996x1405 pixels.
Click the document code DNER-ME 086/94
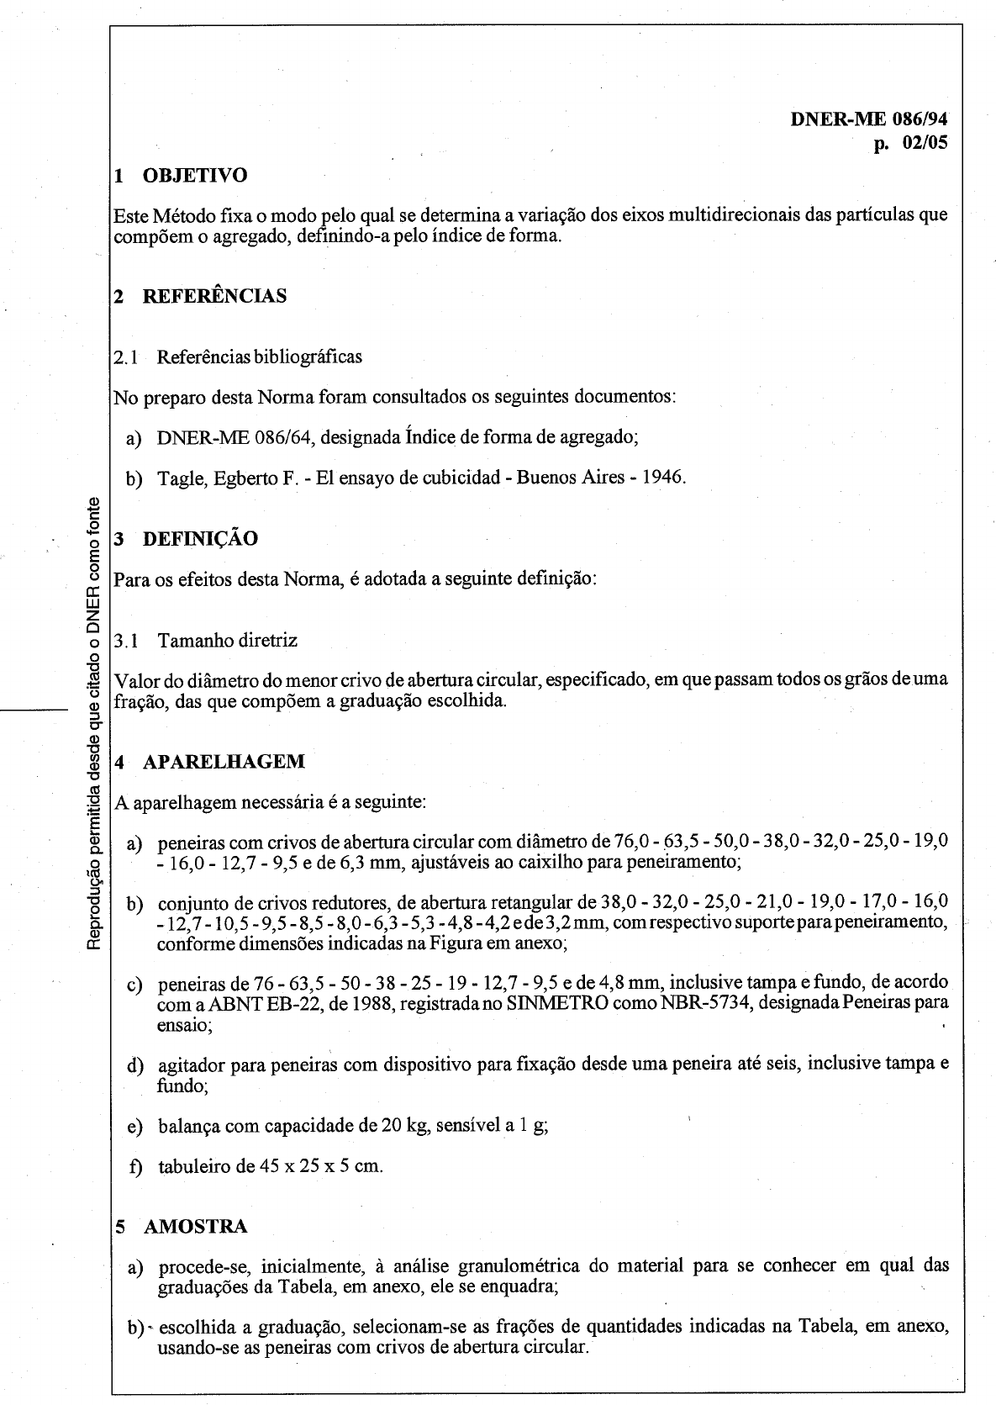click(x=869, y=119)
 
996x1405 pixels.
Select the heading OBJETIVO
click(x=195, y=176)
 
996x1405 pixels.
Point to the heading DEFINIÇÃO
click(x=200, y=539)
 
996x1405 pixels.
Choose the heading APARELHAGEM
click(x=224, y=762)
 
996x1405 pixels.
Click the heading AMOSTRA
click(x=195, y=1227)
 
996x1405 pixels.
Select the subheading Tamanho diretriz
click(x=227, y=641)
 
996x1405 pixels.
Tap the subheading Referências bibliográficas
click(x=260, y=357)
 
